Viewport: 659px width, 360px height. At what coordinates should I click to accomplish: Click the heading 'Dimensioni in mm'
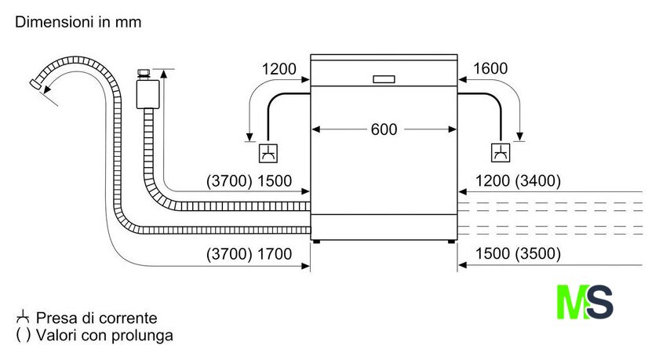78,23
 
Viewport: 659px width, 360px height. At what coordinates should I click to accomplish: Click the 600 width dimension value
384,129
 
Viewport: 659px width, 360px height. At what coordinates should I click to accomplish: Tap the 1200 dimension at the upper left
279,69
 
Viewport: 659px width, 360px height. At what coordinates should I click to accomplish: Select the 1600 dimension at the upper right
491,69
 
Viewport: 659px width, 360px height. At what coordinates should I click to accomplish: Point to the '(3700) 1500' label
249,181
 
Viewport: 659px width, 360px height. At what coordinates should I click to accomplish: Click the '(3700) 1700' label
249,254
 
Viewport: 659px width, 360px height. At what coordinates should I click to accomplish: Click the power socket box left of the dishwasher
268,152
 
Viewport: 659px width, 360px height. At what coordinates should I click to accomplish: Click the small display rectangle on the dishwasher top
384,79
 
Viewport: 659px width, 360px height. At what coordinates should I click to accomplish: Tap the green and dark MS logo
584,302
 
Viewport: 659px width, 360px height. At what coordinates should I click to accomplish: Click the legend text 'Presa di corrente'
96,318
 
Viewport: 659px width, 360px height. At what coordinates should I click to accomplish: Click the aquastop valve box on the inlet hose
147,93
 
